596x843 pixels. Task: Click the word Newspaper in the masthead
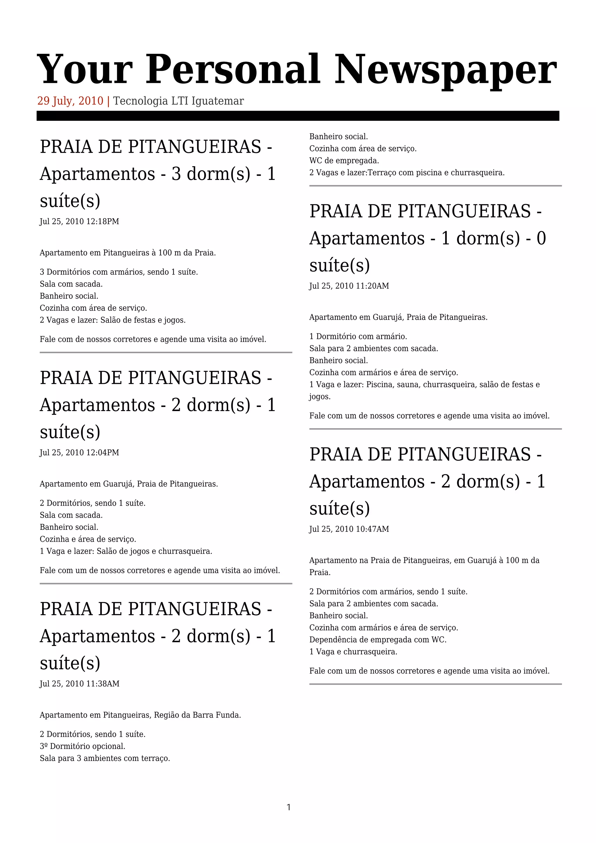click(x=445, y=70)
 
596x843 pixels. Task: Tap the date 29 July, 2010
click(x=70, y=101)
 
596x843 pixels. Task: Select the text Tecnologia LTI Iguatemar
click(x=178, y=101)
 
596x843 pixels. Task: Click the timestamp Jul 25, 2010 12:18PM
click(x=79, y=222)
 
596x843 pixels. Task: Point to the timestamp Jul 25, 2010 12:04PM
click(x=79, y=453)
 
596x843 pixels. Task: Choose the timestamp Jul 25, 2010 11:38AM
click(x=79, y=684)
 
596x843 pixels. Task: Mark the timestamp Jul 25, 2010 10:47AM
click(x=349, y=529)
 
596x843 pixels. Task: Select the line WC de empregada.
click(x=344, y=161)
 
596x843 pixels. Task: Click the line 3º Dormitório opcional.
click(x=83, y=746)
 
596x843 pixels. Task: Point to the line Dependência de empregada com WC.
click(x=378, y=640)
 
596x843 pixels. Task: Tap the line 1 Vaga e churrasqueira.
click(x=353, y=652)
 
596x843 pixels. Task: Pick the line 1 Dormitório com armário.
click(x=358, y=336)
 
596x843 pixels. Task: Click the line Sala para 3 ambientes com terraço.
click(x=104, y=758)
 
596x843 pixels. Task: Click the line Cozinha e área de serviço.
click(x=88, y=539)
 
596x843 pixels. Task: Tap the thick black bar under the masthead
click(x=298, y=116)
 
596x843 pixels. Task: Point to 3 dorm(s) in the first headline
click(x=211, y=174)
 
